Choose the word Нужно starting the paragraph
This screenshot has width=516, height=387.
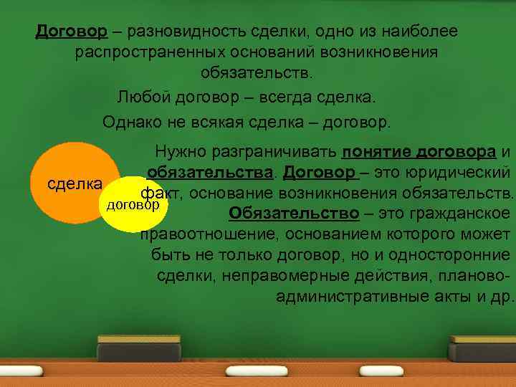176,152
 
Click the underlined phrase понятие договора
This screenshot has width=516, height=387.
419,152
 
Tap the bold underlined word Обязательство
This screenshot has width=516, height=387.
293,214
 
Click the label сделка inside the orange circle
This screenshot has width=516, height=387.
74,183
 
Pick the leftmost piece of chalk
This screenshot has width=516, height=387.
21,372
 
